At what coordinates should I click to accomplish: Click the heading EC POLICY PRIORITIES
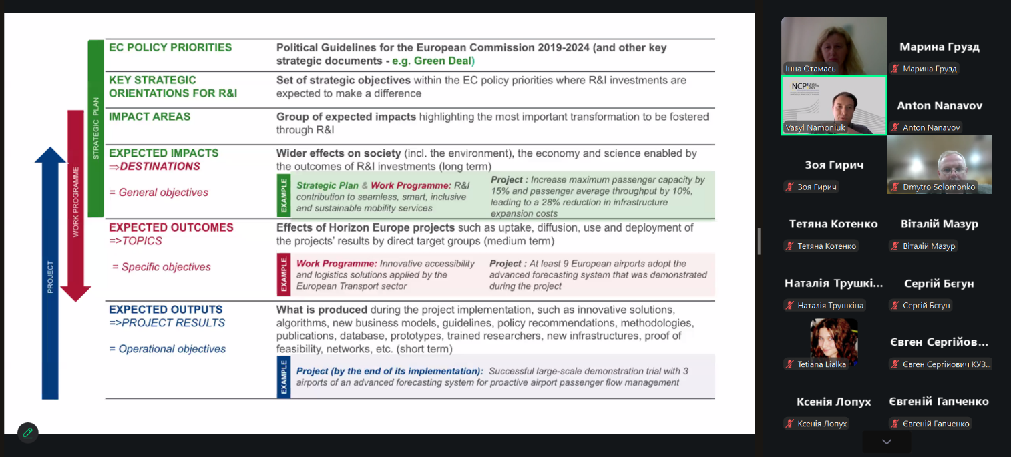170,47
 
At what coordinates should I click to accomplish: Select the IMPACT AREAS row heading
150,117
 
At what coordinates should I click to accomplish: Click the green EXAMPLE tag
284,195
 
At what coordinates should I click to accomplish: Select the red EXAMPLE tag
284,274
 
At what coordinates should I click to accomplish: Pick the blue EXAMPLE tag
284,377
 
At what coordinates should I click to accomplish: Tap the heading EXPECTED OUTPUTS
166,310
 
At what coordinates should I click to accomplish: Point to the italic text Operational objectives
172,349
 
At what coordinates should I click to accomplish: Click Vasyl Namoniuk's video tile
834,105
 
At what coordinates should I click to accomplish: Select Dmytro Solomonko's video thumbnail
939,164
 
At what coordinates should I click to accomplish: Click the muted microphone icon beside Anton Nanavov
895,127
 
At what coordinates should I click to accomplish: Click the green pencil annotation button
28,433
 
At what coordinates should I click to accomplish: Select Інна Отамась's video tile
834,45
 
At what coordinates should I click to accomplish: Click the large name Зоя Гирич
834,165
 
